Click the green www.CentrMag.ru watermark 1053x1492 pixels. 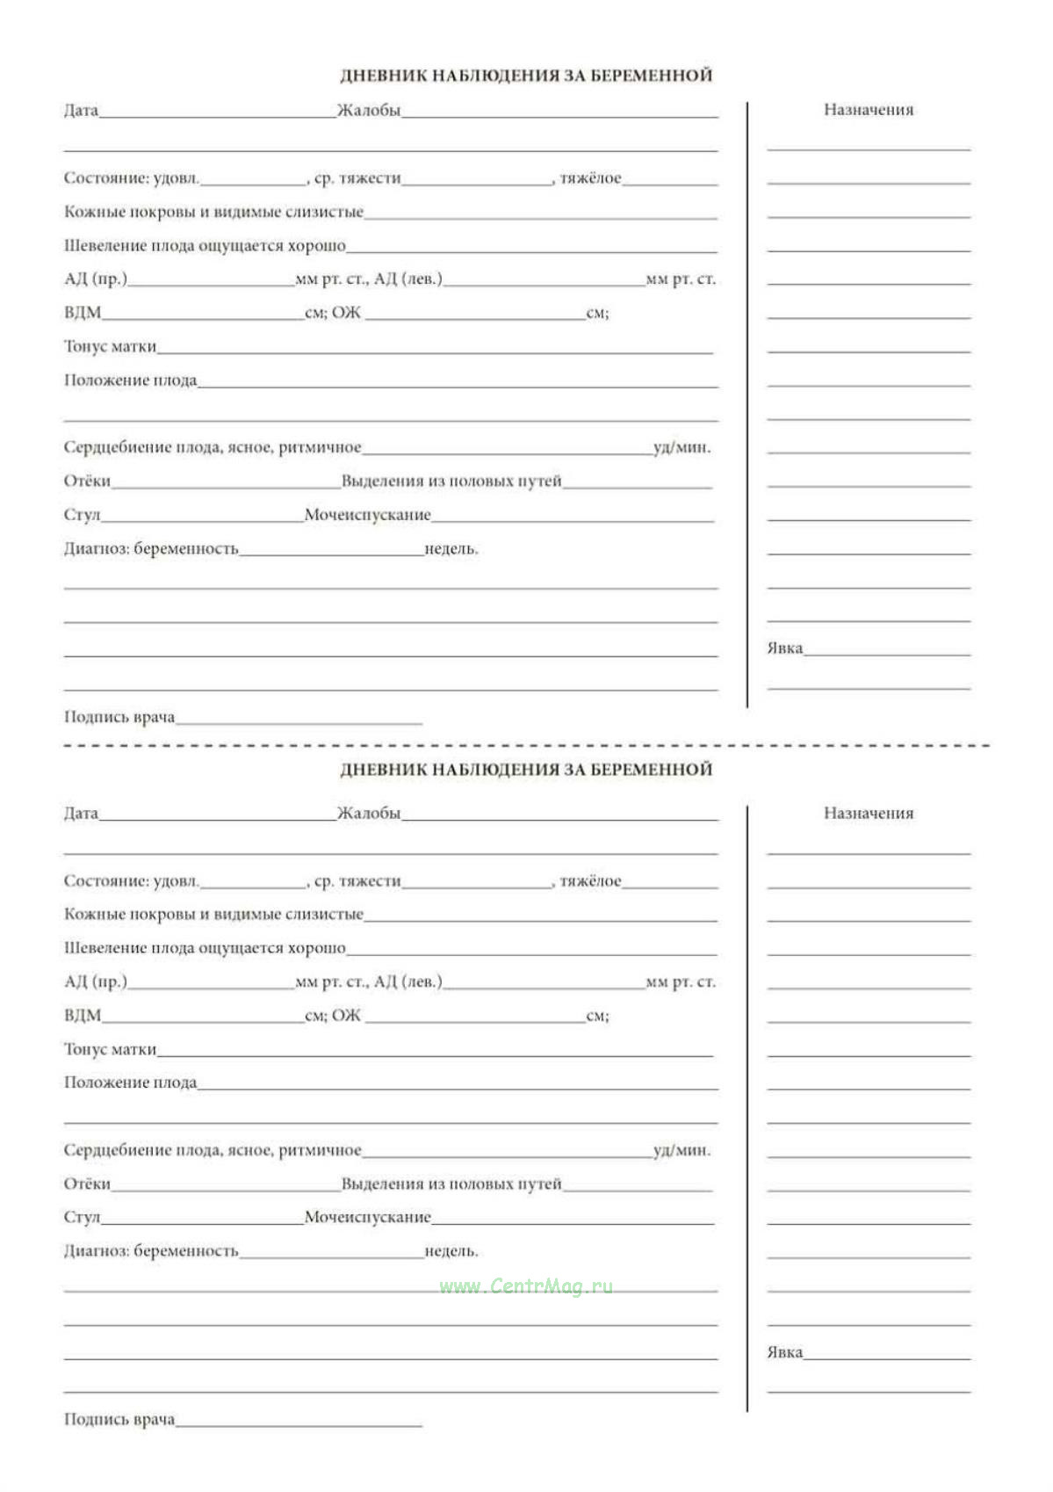[x=525, y=1286]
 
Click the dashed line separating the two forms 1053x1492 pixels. [x=527, y=745]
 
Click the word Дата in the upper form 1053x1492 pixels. [x=81, y=111]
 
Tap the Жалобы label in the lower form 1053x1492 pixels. [x=369, y=814]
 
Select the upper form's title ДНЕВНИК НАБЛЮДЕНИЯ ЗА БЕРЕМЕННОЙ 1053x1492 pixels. [x=526, y=76]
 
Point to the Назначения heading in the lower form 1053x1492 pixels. [x=869, y=814]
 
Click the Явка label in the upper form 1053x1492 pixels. [x=784, y=648]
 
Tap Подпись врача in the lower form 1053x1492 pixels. [x=119, y=1419]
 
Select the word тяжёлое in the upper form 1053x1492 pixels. [x=590, y=178]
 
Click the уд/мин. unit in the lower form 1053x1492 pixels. [x=682, y=1150]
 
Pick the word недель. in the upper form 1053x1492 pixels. [x=451, y=549]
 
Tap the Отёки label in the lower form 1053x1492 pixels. [x=87, y=1184]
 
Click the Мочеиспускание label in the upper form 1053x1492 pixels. [x=367, y=515]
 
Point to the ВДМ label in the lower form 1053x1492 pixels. [x=83, y=1016]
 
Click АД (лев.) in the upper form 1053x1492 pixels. [x=408, y=279]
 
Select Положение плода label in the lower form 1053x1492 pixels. [x=130, y=1083]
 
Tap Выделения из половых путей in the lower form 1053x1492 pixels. [x=451, y=1184]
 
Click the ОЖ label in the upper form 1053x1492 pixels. [x=346, y=313]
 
